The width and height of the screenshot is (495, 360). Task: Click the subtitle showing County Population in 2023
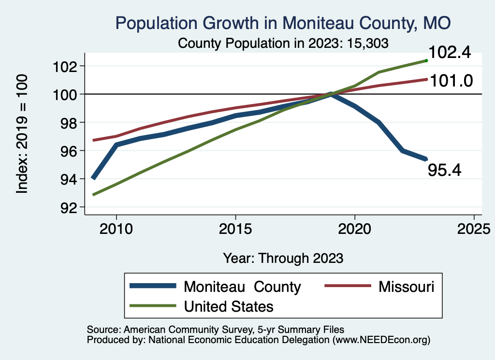pos(283,43)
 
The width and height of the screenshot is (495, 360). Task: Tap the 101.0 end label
pos(450,80)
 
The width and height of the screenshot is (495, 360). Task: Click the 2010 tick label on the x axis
pos(116,229)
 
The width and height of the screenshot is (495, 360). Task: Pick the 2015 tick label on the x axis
pos(235,229)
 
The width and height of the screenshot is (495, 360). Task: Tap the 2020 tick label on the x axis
pos(355,229)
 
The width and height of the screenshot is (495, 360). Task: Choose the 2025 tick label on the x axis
pos(474,229)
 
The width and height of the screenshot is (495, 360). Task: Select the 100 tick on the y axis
pos(65,94)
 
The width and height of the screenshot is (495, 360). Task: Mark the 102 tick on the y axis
pos(65,66)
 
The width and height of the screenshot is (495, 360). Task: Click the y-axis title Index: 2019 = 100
pos(22,134)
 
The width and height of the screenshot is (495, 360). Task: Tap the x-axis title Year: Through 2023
pos(283,258)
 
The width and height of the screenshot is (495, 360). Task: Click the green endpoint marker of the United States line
pos(426,60)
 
